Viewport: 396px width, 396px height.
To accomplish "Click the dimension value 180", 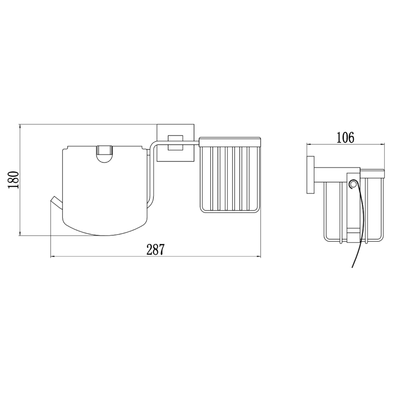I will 13,180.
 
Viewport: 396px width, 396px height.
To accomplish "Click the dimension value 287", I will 155,249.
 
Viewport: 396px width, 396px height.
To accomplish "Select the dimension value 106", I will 345,138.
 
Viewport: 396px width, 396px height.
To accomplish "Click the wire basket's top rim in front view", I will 230,142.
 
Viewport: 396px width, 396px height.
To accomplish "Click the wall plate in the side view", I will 310,175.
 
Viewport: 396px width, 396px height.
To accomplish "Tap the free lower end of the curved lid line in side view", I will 352,267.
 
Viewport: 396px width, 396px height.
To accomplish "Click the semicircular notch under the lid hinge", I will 105,159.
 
